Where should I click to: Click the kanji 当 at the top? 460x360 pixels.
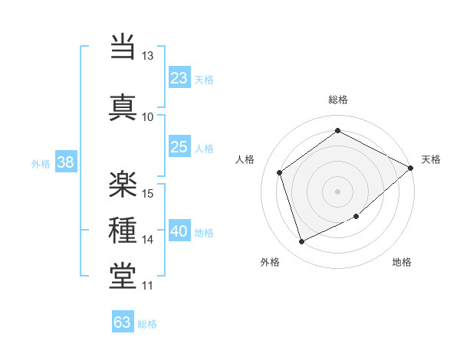123,46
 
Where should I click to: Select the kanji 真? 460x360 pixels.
123,105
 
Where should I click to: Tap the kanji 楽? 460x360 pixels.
123,181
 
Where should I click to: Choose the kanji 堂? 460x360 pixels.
123,277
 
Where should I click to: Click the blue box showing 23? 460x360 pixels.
179,77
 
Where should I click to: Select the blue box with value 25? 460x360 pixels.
179,147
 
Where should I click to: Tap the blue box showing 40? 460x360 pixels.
179,231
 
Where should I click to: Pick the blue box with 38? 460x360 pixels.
65,162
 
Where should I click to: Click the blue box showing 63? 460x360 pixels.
123,322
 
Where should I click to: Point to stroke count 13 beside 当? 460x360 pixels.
148,56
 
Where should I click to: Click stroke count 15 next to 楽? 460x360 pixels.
148,192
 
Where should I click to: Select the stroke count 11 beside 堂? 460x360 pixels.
148,286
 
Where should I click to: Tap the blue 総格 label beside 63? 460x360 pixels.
148,324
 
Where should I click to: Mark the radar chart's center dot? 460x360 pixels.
337,191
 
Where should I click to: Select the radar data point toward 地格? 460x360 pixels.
356,216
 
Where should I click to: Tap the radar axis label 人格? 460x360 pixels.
245,159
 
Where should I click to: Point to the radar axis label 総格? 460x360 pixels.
337,100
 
